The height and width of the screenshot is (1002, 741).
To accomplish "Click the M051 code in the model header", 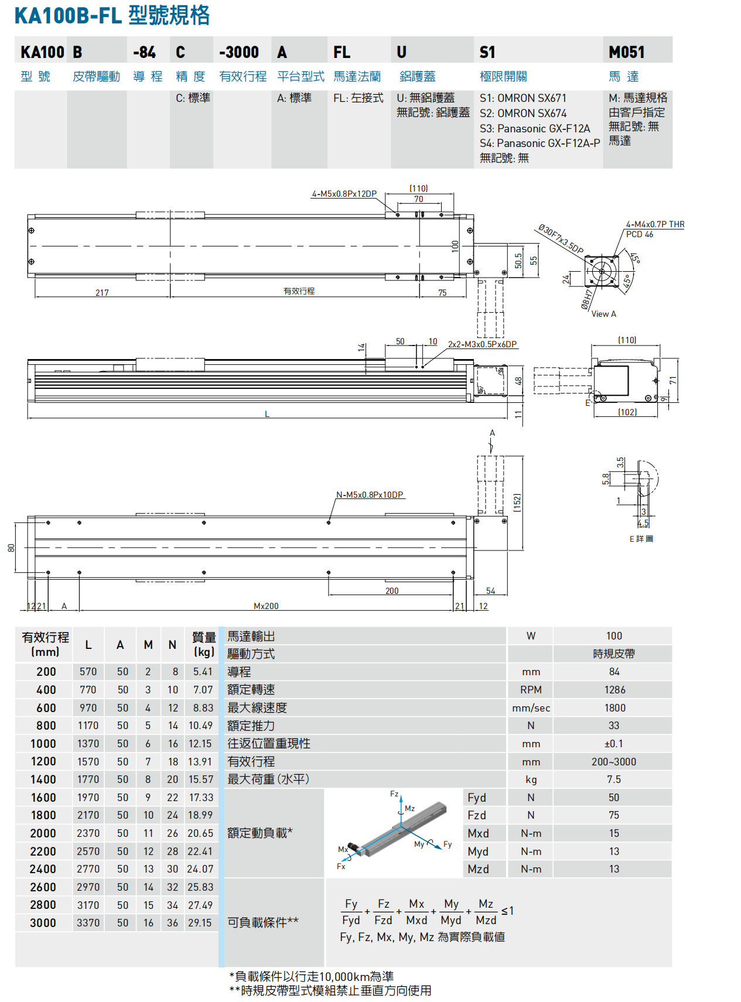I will click(626, 52).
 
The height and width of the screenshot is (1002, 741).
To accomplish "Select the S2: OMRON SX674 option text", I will click(523, 113).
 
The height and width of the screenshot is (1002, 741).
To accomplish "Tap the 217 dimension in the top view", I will click(102, 293).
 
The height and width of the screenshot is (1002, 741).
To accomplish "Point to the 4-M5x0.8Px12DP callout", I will click(344, 194).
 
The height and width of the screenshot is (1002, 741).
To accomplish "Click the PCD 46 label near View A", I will click(640, 234).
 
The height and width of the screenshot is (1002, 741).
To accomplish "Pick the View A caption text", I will click(603, 314).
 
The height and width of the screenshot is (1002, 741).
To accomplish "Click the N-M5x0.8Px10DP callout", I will click(370, 495).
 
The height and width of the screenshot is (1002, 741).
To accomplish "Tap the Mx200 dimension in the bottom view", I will click(266, 606).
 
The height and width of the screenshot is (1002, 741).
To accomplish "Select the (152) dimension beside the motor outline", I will click(517, 502).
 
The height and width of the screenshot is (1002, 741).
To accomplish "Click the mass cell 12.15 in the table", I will click(200, 743).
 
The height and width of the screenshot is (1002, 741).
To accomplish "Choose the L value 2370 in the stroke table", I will click(88, 833).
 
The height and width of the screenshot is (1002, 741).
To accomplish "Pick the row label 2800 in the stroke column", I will click(43, 905).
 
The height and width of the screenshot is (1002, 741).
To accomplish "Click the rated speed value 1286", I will click(614, 690).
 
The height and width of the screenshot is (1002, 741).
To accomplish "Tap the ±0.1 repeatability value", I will click(613, 744).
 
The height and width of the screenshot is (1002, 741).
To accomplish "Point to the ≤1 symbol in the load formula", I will click(507, 911).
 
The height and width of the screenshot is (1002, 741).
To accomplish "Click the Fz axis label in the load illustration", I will click(394, 794).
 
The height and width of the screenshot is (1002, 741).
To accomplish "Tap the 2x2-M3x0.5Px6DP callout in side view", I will click(482, 344).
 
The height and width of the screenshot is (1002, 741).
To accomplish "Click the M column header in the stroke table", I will click(148, 645).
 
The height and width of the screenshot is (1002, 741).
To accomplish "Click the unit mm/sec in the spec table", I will click(531, 708).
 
